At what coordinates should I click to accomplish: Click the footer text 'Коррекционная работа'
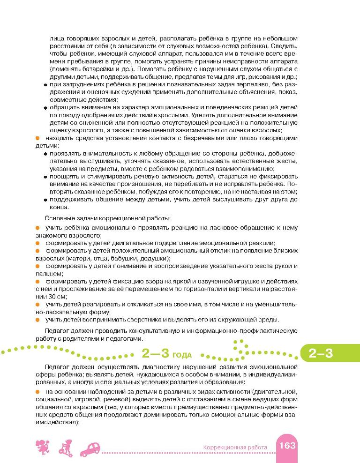pos(235,447)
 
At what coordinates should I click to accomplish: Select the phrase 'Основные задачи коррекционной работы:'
pos(107,219)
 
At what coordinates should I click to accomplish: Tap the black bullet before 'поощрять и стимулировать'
pos(45,176)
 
